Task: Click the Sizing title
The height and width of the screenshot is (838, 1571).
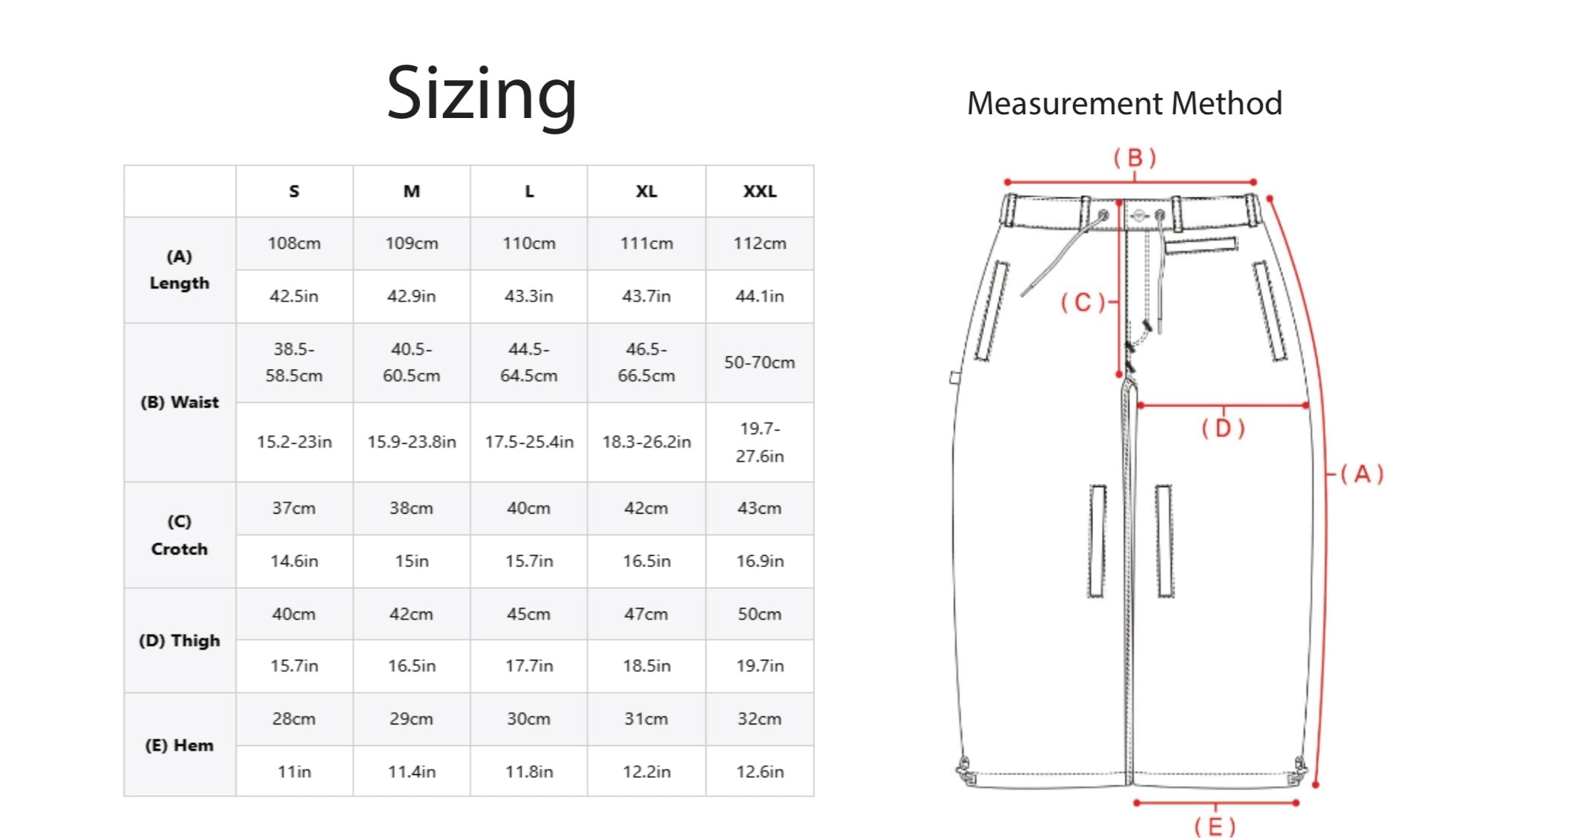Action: click(x=482, y=94)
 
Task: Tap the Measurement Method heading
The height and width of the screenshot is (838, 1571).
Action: click(x=1124, y=103)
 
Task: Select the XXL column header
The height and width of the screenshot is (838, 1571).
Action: click(x=760, y=192)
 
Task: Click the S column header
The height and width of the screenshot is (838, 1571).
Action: click(x=295, y=192)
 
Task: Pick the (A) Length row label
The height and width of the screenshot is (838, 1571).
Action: click(x=180, y=270)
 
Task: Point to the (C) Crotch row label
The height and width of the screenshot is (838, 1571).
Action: click(x=180, y=535)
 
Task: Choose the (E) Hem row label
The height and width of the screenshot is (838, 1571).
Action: click(x=180, y=745)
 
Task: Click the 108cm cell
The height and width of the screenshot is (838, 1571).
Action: click(x=295, y=243)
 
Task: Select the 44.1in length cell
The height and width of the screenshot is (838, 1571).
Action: click(x=760, y=296)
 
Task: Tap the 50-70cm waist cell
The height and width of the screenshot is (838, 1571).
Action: click(x=760, y=362)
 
